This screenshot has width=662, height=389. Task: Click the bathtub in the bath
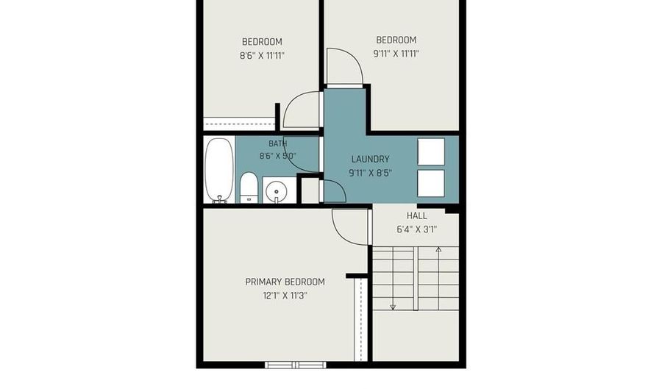click(x=219, y=170)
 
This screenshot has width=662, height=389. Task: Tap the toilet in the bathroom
click(x=249, y=188)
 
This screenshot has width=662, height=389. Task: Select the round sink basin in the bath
click(x=277, y=193)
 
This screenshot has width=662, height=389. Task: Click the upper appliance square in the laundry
click(x=431, y=151)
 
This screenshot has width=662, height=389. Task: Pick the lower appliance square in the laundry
click(x=431, y=183)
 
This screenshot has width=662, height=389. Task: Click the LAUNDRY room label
click(x=370, y=159)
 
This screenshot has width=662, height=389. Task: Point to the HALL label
click(x=417, y=215)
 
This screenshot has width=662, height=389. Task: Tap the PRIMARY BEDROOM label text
click(x=285, y=282)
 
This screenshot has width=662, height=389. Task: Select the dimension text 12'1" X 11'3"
click(x=285, y=296)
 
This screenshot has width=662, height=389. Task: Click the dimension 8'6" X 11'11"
click(x=262, y=55)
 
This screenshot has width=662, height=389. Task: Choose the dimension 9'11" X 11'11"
click(x=396, y=54)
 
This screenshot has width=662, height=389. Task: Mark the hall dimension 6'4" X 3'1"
click(x=417, y=229)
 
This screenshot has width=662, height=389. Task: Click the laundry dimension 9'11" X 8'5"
click(x=370, y=173)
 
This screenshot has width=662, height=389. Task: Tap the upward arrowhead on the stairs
click(x=438, y=250)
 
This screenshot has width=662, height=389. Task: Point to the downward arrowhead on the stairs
click(x=393, y=307)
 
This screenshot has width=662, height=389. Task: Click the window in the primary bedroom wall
click(x=296, y=365)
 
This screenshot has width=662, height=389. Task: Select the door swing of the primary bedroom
click(x=341, y=234)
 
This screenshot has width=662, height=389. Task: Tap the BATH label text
click(x=277, y=143)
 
